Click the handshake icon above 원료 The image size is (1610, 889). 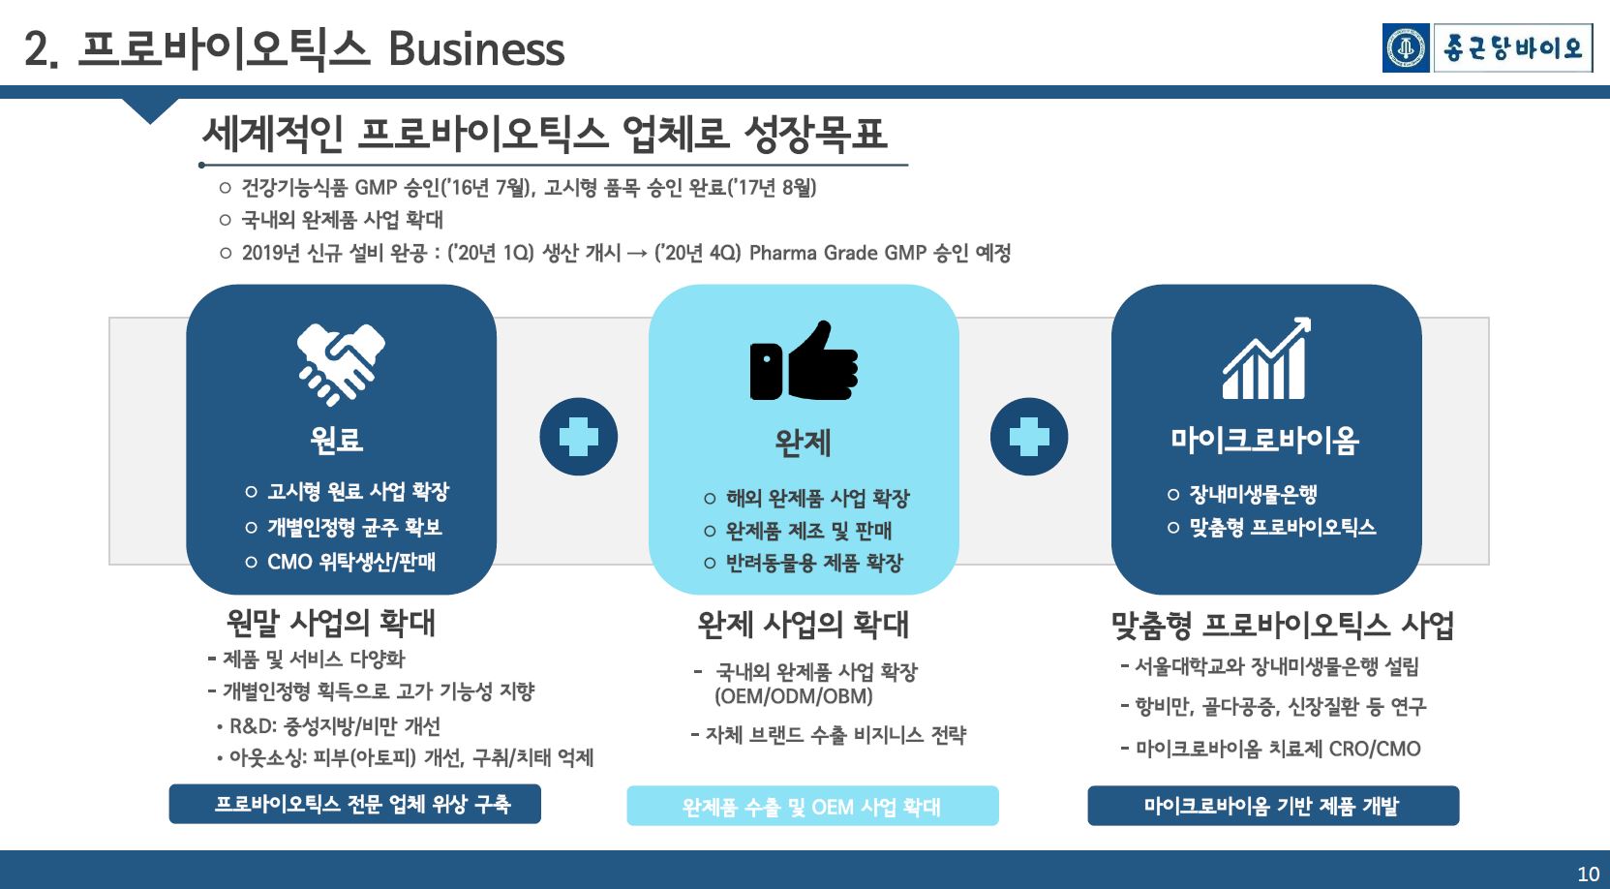(340, 363)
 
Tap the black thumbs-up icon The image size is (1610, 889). (804, 361)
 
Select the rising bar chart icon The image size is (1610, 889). (1265, 358)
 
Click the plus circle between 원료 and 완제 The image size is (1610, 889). (578, 437)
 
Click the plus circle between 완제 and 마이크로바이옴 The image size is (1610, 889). (1028, 437)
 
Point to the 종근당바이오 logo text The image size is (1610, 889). (1512, 48)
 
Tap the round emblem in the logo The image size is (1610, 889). (1406, 48)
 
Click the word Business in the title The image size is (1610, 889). (475, 48)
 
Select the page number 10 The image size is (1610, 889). (1588, 874)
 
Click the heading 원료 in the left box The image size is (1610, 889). (336, 440)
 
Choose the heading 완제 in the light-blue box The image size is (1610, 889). (803, 443)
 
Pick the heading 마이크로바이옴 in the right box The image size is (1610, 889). (1264, 440)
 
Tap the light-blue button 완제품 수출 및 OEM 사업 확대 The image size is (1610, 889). (812, 806)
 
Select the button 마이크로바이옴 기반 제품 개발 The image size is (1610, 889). (1272, 806)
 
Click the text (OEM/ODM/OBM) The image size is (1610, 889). (794, 696)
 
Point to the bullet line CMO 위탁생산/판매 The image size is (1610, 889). (351, 562)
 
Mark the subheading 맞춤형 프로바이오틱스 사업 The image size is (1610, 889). (1282, 625)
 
